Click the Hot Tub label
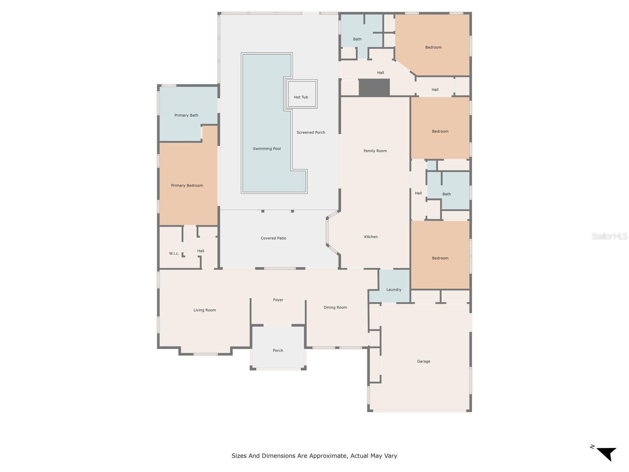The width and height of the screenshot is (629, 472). pos(301,97)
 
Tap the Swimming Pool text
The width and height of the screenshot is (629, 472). pos(267,149)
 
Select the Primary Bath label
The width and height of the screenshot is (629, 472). pos(186,115)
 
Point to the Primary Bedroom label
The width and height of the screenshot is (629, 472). pos(187,185)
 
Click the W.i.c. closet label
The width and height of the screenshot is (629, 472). pos(174,253)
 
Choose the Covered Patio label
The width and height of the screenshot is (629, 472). pos(273,238)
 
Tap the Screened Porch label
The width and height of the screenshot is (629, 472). pos(311,133)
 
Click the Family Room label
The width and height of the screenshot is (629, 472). pos(375,151)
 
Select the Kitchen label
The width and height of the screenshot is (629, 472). pos(371,237)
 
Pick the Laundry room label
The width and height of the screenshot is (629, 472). pos(394,289)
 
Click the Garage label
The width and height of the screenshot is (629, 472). pos(423,361)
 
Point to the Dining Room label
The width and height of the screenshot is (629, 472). pos(335,307)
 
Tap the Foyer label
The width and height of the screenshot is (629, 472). pos(278,300)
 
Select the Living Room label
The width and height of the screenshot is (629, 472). pos(204,310)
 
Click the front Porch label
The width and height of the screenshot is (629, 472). pos(278,350)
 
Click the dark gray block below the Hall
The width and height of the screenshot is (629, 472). pos(374,87)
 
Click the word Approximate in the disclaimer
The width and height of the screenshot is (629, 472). pos(328,456)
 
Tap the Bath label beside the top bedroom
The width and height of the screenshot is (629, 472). pos(357,39)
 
